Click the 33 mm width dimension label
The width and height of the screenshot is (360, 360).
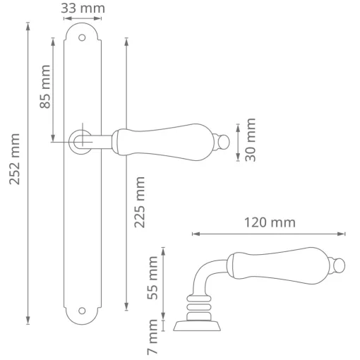(83, 8)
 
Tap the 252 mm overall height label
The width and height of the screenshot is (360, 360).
(15, 159)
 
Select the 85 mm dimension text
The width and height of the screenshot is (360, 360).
(45, 87)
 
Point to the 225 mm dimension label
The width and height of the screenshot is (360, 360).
(140, 203)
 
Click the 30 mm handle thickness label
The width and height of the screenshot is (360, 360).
(251, 140)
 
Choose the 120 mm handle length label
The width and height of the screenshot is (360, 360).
(270, 222)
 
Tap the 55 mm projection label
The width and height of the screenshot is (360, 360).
(152, 278)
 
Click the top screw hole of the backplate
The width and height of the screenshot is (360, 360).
(82, 37)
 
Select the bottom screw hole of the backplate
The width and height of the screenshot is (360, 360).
(82, 311)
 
